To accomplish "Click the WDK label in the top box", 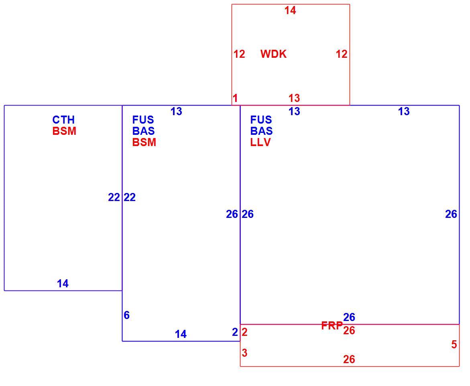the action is (273, 54).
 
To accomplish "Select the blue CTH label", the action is (63, 120).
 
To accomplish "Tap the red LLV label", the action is (260, 142).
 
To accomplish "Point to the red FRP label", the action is (332, 325).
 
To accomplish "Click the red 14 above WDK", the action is (290, 10).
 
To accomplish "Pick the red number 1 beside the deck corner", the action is (235, 98).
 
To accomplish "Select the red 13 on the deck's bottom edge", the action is (294, 98).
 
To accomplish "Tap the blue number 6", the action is (127, 315).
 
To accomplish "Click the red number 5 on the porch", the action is (454, 344).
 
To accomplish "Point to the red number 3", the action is (244, 353).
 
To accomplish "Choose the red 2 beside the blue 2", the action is (244, 332).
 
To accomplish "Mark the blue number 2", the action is (235, 332).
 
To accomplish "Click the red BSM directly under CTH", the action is (64, 131).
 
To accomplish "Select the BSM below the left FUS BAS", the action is (144, 142).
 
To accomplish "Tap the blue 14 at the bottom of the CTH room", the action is (63, 284).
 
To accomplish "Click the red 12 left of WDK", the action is (239, 54).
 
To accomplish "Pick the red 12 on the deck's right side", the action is (342, 54).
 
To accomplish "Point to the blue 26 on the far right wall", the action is (451, 214).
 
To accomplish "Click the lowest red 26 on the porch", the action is (349, 359).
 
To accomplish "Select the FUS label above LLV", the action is (261, 120).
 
